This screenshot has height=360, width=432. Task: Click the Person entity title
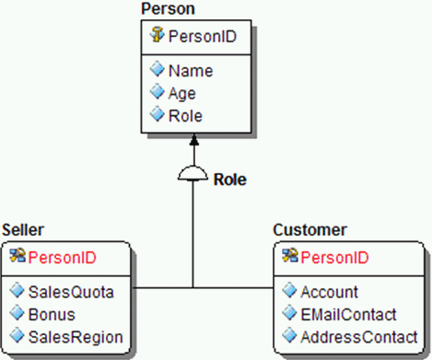167,8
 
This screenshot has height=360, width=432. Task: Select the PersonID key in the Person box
200,37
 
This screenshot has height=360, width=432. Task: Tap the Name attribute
191,70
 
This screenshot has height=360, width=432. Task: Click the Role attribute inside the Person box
187,116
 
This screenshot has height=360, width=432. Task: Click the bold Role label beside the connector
230,179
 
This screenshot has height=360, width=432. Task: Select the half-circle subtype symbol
193,175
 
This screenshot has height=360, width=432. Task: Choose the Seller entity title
23,228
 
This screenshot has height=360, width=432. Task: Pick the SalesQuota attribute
71,292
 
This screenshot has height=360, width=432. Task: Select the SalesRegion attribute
75,337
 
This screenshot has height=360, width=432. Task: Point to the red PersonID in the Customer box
334,257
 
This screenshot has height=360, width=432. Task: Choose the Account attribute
329,292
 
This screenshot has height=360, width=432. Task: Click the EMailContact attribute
347,314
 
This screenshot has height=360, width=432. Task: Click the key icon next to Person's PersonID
157,37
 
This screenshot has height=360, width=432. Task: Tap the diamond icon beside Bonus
17,314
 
